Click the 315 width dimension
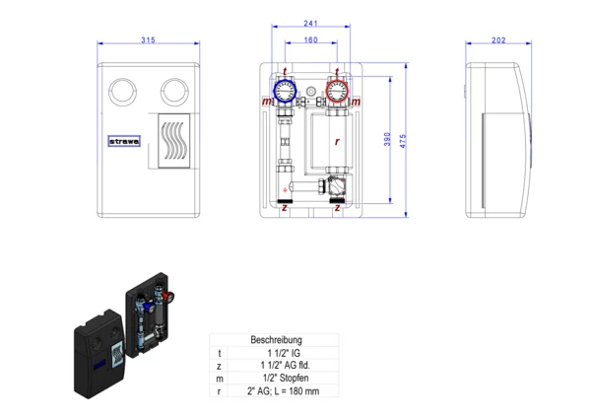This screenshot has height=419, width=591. [x=147, y=40]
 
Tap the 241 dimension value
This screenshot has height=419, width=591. [x=310, y=24]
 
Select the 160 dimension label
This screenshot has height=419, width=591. [x=310, y=40]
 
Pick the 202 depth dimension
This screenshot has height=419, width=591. [x=497, y=40]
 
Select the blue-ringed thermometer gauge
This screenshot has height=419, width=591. [x=285, y=92]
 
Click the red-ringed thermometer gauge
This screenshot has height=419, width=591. [x=336, y=92]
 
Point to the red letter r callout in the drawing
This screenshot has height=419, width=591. [x=337, y=141]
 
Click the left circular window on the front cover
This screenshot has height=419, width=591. [x=123, y=88]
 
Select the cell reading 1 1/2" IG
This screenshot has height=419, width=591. [x=282, y=353]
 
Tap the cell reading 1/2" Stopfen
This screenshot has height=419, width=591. [x=282, y=379]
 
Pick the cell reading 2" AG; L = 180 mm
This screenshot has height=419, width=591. [x=282, y=391]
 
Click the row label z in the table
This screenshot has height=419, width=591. [x=220, y=366]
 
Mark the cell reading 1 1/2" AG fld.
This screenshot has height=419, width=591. [x=282, y=366]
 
